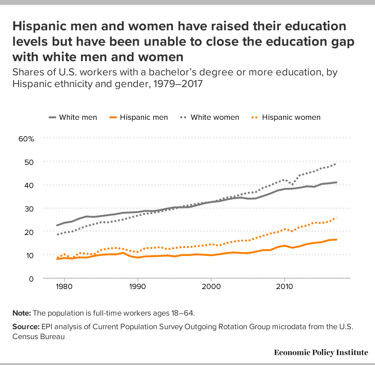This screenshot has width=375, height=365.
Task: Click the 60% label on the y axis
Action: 26,139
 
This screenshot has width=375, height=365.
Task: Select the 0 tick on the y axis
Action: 31,279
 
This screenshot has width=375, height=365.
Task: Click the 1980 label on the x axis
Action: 64,286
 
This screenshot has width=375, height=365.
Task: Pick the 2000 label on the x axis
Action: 211,286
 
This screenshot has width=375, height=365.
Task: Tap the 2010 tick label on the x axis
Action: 284,286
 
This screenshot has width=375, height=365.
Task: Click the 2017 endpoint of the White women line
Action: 336,163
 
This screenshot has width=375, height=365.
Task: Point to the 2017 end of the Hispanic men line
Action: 336,239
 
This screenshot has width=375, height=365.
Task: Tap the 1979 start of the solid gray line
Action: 57,225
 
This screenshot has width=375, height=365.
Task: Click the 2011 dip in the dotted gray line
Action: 292,185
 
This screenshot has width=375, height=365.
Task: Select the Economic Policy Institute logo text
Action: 321,353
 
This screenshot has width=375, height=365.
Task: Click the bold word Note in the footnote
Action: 22,313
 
